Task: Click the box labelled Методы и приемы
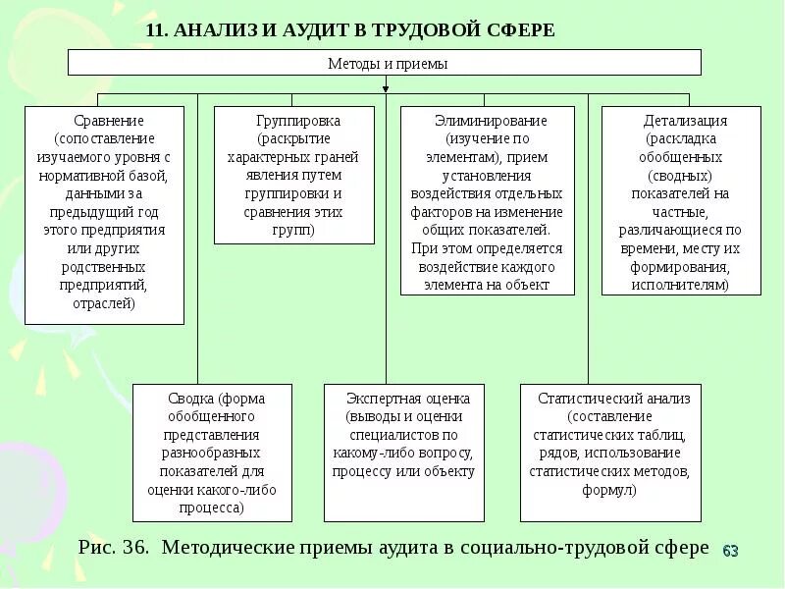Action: pyautogui.click(x=385, y=63)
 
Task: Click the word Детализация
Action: pyautogui.click(x=685, y=121)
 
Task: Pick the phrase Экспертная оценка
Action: pyautogui.click(x=407, y=399)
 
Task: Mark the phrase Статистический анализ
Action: pyautogui.click(x=614, y=399)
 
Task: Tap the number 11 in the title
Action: pyautogui.click(x=155, y=30)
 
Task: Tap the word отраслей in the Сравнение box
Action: pyautogui.click(x=104, y=303)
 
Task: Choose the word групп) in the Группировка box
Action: pyautogui.click(x=294, y=230)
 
